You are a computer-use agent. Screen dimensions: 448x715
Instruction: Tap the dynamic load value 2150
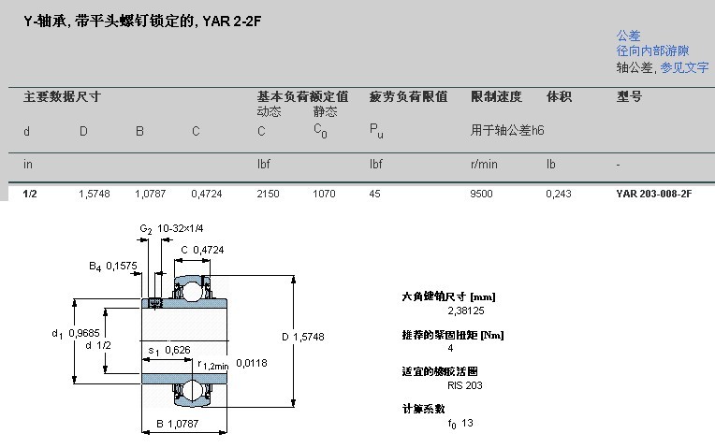268,194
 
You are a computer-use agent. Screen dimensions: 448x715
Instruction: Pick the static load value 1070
324,194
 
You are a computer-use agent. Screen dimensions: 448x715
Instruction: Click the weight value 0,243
558,194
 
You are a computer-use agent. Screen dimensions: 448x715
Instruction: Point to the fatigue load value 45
375,194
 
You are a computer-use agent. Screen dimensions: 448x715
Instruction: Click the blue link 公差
628,36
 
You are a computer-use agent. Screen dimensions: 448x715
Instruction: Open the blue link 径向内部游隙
652,51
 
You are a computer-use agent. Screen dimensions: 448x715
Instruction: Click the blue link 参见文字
684,67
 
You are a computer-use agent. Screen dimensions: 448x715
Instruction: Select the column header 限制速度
496,96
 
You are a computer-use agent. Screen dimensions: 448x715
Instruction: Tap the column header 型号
629,96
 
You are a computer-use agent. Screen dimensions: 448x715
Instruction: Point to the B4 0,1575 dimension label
113,267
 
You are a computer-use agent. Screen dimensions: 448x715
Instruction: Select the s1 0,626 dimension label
168,350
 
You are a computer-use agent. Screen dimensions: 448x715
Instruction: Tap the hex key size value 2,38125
473,311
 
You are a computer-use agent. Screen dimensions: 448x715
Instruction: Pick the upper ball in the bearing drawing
193,289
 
